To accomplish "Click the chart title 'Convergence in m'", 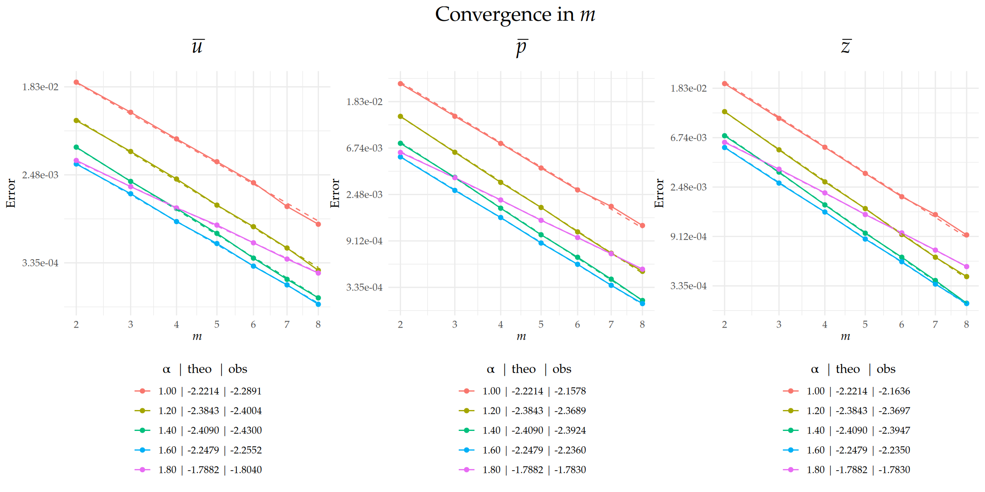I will (x=515, y=15).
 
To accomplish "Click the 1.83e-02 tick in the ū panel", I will (x=40, y=87).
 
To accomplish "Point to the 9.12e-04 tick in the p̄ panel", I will (x=364, y=241).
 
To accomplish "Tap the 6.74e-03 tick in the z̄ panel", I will (x=688, y=138).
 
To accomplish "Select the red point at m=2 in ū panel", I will (x=76, y=82).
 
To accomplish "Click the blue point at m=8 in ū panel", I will (x=318, y=304).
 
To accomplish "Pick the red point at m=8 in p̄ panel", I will (x=642, y=225).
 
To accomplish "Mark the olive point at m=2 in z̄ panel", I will (x=724, y=112).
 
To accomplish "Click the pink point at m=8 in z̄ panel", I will (x=966, y=266).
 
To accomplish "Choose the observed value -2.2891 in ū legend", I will (x=246, y=391).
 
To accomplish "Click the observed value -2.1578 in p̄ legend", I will (x=570, y=391).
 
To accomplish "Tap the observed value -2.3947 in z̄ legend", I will (x=894, y=430).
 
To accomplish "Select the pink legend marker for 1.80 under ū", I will (x=142, y=470).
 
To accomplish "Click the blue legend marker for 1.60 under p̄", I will (x=466, y=450).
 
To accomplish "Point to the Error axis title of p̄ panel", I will (x=335, y=193).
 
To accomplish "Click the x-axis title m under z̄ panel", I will (x=845, y=337).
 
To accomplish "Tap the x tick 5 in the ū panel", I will (x=217, y=325).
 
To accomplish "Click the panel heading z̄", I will (x=846, y=46).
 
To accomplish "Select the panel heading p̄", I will (x=522, y=47).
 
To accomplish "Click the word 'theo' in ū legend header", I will (x=199, y=369).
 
